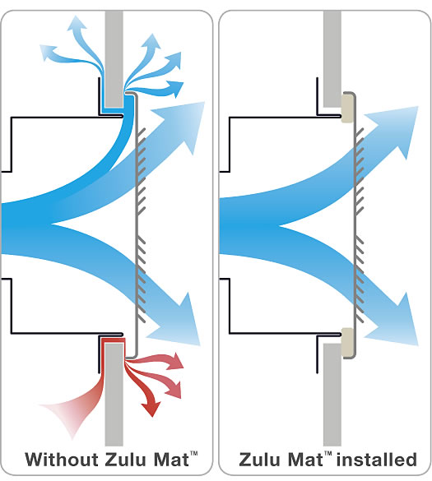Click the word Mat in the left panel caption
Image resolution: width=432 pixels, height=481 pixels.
coord(171,460)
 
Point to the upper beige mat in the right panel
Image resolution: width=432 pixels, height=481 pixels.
coord(347,109)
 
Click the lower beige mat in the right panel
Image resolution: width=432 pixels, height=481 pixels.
coord(347,342)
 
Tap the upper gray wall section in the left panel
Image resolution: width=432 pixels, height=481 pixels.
coord(114,59)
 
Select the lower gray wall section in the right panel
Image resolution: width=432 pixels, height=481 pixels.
coord(332,395)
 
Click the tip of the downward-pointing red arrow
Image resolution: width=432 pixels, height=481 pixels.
coord(152,416)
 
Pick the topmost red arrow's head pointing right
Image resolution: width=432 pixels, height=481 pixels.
coord(178,361)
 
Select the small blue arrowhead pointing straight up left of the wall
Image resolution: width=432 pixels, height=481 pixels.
coord(77,23)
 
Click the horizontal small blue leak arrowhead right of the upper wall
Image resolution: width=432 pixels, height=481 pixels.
coord(176,88)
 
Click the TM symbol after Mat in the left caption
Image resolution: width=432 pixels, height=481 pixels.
coord(193,454)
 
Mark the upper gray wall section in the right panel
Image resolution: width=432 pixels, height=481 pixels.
coord(332,59)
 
